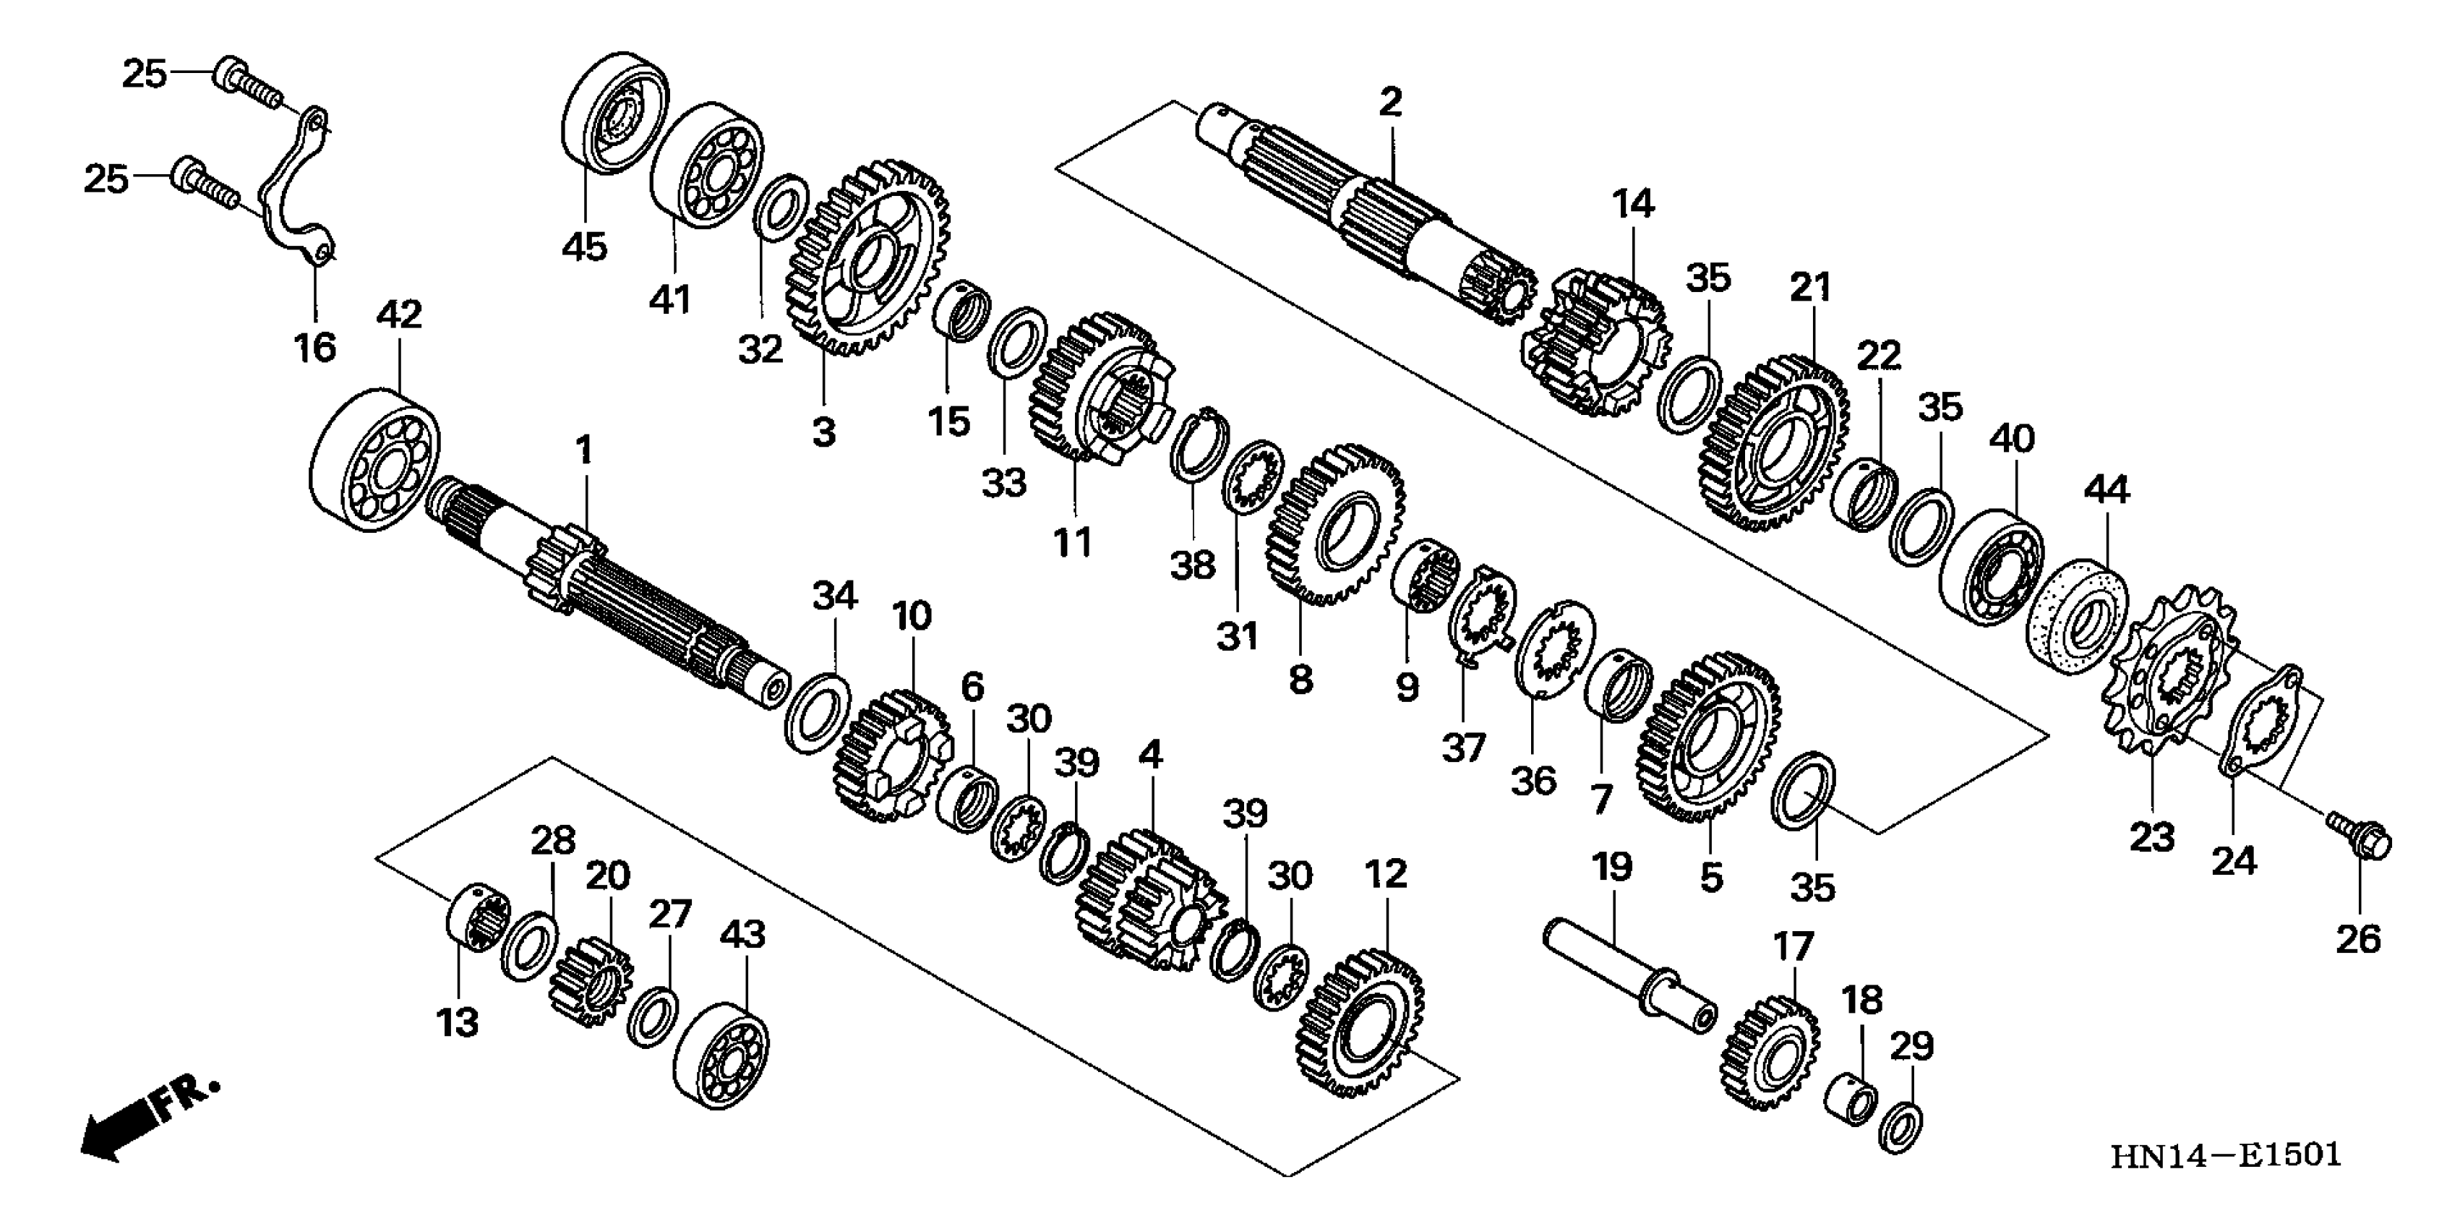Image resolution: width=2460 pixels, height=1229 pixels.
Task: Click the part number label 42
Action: (x=399, y=314)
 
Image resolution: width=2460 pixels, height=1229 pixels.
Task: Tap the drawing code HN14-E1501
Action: (x=2224, y=1155)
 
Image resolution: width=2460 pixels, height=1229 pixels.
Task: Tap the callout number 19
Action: (x=1612, y=867)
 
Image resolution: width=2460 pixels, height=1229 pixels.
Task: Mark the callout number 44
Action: (x=2106, y=490)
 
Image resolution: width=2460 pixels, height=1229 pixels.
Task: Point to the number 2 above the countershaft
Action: (x=1390, y=101)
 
